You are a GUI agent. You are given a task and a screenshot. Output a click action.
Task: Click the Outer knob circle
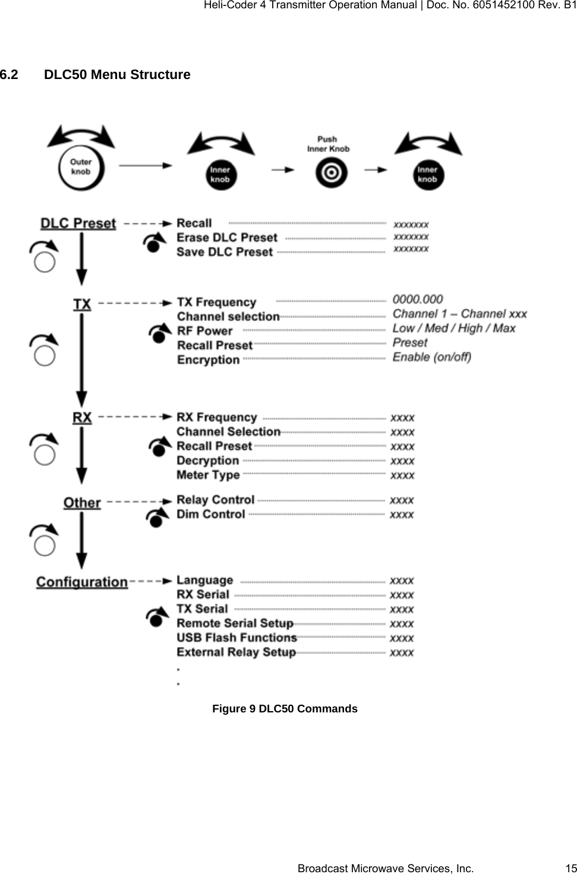pyautogui.click(x=81, y=167)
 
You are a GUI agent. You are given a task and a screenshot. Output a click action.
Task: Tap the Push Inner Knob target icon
pyautogui.click(x=331, y=173)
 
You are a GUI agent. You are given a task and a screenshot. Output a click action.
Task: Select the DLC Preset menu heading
pyautogui.click(x=78, y=223)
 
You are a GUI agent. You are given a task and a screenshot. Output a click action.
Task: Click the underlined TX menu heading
pyautogui.click(x=82, y=305)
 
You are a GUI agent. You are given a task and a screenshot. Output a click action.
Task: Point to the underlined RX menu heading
pyautogui.click(x=82, y=418)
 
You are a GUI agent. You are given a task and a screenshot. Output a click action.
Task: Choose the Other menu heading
pyautogui.click(x=82, y=503)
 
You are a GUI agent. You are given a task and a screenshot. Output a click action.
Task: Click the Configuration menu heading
pyautogui.click(x=82, y=582)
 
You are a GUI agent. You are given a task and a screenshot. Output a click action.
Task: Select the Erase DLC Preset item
pyautogui.click(x=227, y=238)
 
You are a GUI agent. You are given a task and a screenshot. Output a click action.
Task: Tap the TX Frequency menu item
pyautogui.click(x=216, y=302)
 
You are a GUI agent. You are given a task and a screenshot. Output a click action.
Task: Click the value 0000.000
pyautogui.click(x=418, y=299)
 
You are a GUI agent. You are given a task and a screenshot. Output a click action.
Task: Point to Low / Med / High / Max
pyautogui.click(x=454, y=328)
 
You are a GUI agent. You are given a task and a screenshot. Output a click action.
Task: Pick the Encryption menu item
pyautogui.click(x=208, y=360)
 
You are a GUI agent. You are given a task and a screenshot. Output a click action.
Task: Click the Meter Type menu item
pyautogui.click(x=208, y=475)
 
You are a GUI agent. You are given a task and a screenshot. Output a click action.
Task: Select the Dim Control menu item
pyautogui.click(x=210, y=515)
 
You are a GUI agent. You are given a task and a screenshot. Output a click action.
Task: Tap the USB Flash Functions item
pyautogui.click(x=237, y=638)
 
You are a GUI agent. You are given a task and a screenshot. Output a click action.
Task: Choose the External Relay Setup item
pyautogui.click(x=236, y=652)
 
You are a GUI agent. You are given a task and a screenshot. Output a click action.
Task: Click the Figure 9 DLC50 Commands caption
pyautogui.click(x=285, y=709)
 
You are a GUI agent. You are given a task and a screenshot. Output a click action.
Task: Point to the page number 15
pyautogui.click(x=570, y=868)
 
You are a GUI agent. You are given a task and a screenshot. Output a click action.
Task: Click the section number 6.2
pyautogui.click(x=10, y=75)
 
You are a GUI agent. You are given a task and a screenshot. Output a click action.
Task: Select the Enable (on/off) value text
pyautogui.click(x=432, y=357)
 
